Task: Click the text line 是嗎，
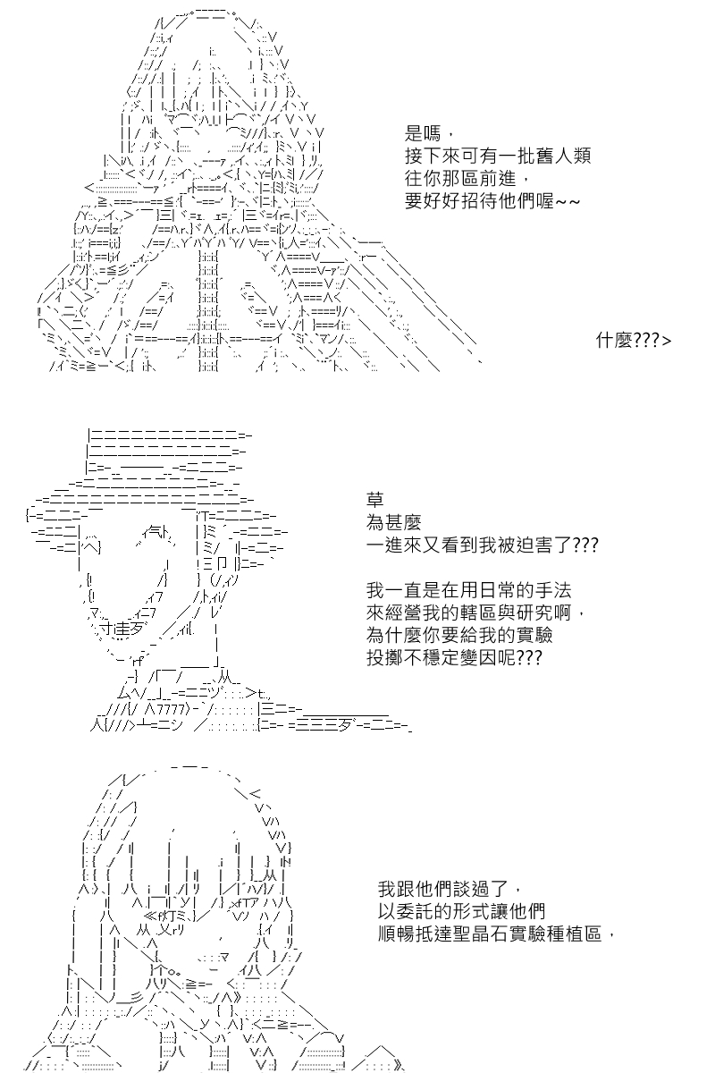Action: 428,133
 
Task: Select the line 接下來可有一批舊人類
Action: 498,156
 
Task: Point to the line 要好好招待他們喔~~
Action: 492,201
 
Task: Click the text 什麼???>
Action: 634,341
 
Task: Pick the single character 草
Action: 375,500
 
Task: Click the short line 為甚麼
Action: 393,522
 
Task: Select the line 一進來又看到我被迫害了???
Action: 483,545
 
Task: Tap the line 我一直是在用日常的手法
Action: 469,590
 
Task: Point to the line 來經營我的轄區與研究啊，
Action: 475,613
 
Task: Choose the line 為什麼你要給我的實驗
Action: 459,636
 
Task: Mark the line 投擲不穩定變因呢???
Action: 454,658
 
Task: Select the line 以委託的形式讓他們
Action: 462,911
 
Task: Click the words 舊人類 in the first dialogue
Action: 564,156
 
